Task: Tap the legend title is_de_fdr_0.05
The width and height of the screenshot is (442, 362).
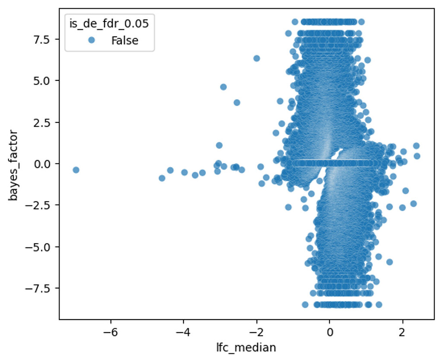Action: tap(109, 24)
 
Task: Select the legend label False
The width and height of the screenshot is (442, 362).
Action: tap(125, 41)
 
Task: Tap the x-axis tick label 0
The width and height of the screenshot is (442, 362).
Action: tap(330, 333)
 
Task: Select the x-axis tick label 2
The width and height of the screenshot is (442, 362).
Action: tap(403, 333)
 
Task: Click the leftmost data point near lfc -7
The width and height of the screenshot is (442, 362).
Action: tap(76, 170)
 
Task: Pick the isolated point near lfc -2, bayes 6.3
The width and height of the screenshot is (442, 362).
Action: tap(257, 58)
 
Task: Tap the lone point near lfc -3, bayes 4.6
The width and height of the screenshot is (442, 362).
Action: tap(223, 87)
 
